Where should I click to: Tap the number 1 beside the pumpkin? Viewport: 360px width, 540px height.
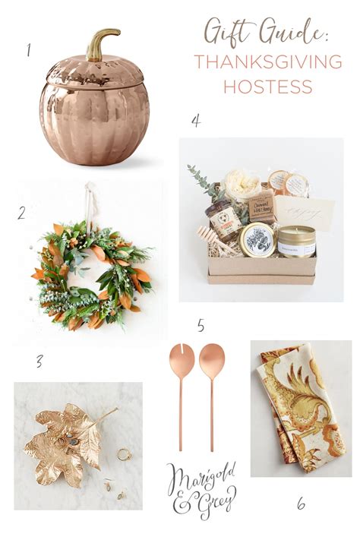(28, 52)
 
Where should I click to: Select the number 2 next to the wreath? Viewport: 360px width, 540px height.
(21, 214)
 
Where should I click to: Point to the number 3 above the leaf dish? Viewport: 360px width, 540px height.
(38, 360)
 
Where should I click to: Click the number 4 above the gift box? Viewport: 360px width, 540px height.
(196, 120)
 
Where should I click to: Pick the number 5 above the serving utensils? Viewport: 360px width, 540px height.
(201, 326)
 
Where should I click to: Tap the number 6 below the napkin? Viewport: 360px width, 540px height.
(302, 503)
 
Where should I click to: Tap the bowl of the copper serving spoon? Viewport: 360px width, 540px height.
(212, 358)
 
